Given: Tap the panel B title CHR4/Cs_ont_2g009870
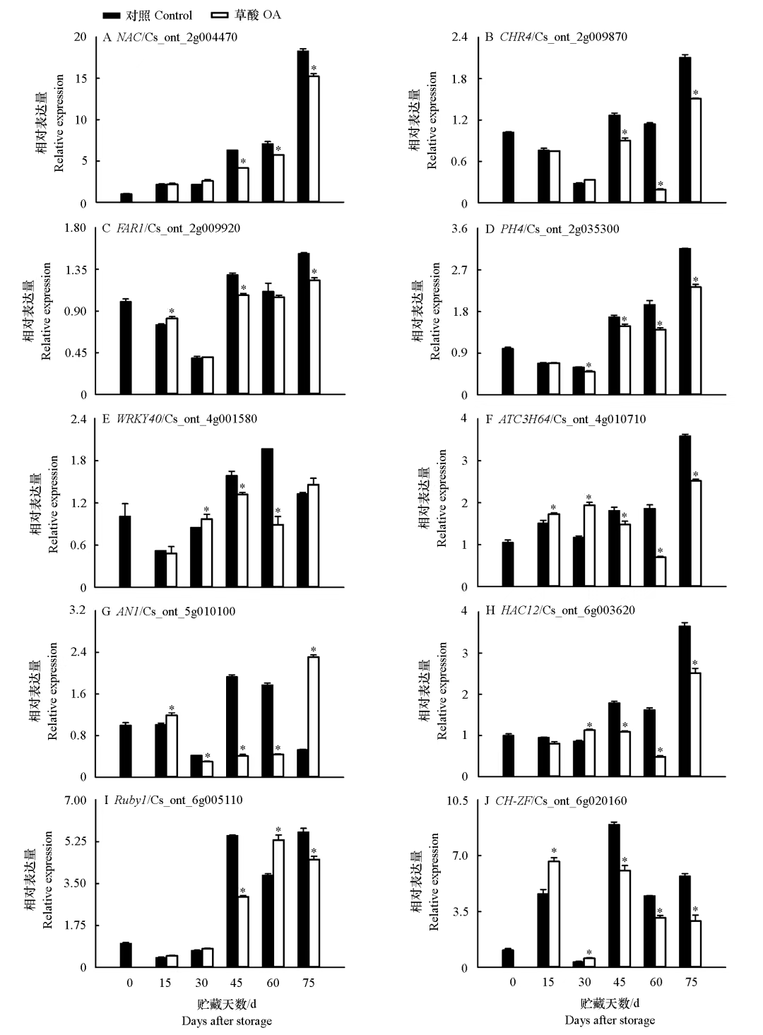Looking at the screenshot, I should (555, 37).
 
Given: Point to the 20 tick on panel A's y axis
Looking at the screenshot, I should (80, 37).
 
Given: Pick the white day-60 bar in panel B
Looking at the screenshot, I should (661, 196).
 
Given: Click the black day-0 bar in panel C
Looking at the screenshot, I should (126, 348).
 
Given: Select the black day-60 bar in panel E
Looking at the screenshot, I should (267, 518).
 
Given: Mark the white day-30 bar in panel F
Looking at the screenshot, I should (589, 545).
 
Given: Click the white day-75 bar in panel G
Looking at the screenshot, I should (313, 716).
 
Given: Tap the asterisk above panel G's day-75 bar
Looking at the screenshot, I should (313, 650).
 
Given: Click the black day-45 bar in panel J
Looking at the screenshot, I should (614, 895).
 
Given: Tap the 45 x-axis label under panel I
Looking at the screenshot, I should (237, 983).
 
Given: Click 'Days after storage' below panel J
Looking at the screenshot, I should (610, 1020).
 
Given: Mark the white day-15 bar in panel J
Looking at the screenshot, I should (554, 913).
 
